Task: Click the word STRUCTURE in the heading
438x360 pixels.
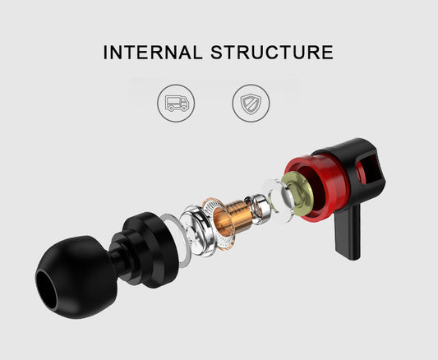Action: (273, 53)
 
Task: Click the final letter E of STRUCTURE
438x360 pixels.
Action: (327, 53)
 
